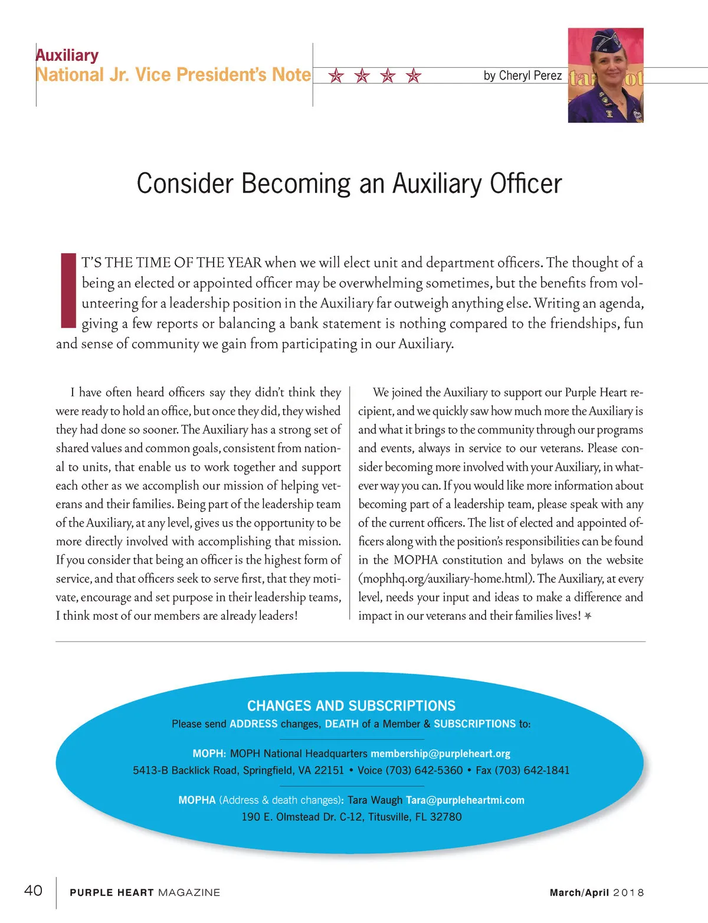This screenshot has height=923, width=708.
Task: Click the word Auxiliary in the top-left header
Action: point(67,55)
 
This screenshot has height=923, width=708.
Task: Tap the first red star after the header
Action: point(336,76)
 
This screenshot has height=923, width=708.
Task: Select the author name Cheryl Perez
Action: point(530,76)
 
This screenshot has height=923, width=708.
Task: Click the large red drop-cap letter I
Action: point(69,290)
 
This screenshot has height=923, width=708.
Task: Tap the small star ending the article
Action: point(588,616)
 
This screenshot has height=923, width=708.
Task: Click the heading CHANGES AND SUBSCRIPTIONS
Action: point(351,706)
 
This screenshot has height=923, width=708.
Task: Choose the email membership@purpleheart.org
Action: point(440,754)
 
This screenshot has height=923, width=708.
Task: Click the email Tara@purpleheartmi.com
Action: point(465,800)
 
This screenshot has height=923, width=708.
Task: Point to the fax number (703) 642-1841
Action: point(532,770)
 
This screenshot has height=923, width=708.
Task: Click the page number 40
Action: point(33,890)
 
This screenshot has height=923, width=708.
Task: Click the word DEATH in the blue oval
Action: point(342,724)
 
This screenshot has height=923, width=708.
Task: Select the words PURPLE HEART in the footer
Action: point(112,892)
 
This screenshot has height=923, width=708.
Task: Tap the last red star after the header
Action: point(414,76)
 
